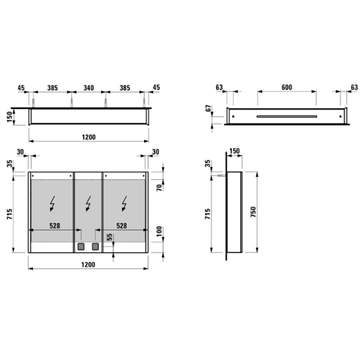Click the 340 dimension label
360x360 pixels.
[89, 88]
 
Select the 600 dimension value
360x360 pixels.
[286, 88]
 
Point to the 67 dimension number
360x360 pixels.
[208, 108]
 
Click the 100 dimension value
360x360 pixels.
[159, 232]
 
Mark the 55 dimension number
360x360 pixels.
[109, 238]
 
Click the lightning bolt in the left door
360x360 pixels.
[52, 205]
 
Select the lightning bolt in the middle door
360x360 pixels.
[89, 205]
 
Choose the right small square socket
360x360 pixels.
[94, 246]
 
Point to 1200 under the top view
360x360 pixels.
[89, 137]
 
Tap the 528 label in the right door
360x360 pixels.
[121, 226]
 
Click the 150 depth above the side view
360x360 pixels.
[234, 151]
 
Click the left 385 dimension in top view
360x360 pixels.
[53, 88]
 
